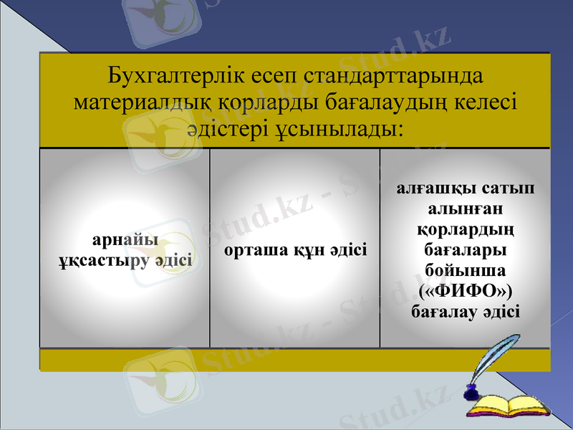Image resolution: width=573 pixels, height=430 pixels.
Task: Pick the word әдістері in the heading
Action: (x=218, y=130)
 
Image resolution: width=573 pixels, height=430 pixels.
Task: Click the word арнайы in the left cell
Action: (x=126, y=239)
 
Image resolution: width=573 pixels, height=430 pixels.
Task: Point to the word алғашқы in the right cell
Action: (x=427, y=188)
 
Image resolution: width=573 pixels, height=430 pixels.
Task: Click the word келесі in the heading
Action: (x=481, y=102)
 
